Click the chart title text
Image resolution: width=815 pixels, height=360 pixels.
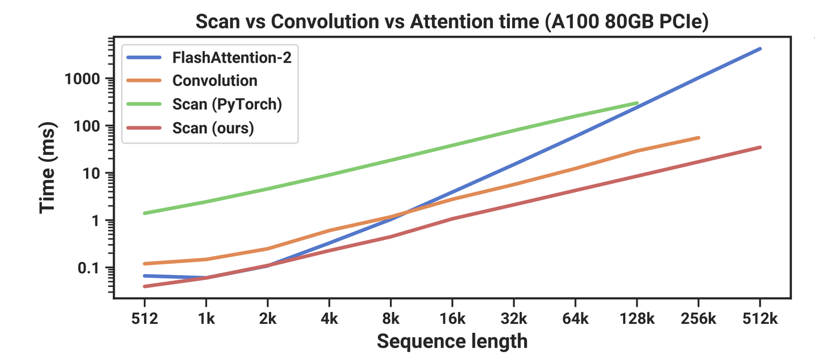(452, 23)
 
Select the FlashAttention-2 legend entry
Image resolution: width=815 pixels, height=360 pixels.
(232, 57)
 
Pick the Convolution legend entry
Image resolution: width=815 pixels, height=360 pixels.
(215, 81)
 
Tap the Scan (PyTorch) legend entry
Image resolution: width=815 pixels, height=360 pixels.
(227, 105)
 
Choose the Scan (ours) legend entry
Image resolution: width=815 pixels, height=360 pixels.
(213, 128)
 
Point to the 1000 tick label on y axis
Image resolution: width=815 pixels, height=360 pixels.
(84, 79)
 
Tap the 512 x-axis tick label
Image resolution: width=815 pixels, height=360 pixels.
(144, 319)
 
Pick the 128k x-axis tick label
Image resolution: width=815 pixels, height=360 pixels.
(637, 319)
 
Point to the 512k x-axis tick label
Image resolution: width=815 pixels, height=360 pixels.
(760, 319)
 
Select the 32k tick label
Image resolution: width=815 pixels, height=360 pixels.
(513, 319)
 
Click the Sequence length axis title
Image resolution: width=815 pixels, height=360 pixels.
(452, 341)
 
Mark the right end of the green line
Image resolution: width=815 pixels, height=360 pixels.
(637, 103)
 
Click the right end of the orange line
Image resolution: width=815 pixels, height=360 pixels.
(698, 138)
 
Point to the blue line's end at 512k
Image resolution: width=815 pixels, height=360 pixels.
(760, 49)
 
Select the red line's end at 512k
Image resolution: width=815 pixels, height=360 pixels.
(760, 147)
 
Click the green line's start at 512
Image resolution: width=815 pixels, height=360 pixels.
(145, 213)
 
